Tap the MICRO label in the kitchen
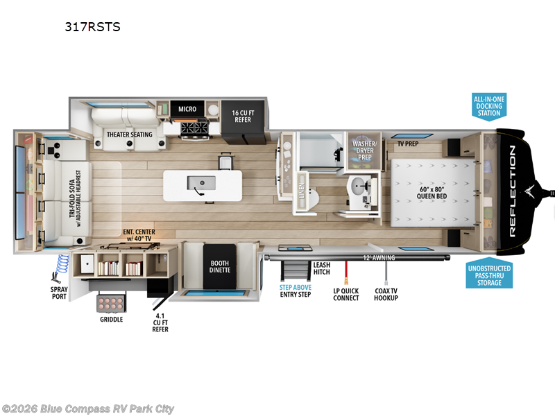187,109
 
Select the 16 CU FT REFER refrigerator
241,115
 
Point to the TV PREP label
409,145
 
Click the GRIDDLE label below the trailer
111,320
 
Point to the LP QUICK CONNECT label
345,294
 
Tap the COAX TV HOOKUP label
385,294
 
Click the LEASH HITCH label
321,268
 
